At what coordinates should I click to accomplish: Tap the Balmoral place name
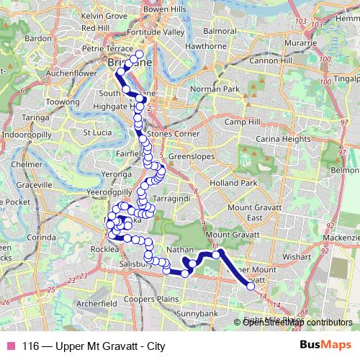[x=220, y=32]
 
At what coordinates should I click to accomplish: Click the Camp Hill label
[x=241, y=122]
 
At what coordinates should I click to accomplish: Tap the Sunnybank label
[x=196, y=314]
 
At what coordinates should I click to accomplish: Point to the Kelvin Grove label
[x=103, y=14]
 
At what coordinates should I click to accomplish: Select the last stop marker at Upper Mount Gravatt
[x=251, y=287]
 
